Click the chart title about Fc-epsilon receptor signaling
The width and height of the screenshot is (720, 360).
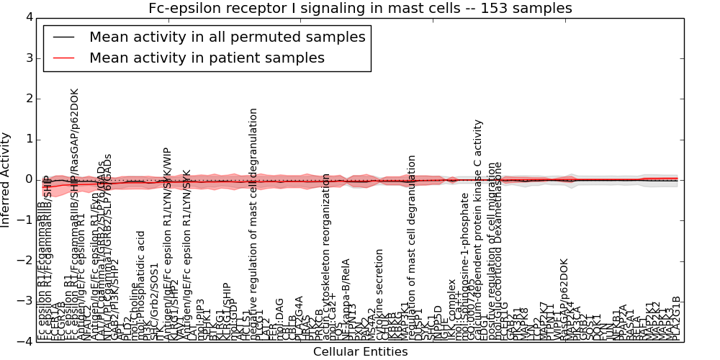[360, 8]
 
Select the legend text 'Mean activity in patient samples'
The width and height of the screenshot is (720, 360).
[207, 58]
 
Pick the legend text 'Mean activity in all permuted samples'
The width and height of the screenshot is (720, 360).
[227, 37]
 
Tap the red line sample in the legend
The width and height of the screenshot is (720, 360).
[63, 58]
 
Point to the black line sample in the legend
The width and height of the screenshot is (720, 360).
[63, 37]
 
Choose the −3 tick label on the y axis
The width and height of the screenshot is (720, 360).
[25, 302]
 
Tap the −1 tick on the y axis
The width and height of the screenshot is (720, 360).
[25, 220]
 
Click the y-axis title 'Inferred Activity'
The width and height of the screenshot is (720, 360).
[6, 180]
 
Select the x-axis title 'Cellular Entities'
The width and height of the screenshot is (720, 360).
[360, 352]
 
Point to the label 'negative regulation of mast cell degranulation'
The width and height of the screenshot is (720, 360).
[253, 223]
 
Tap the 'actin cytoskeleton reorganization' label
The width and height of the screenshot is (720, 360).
[327, 256]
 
